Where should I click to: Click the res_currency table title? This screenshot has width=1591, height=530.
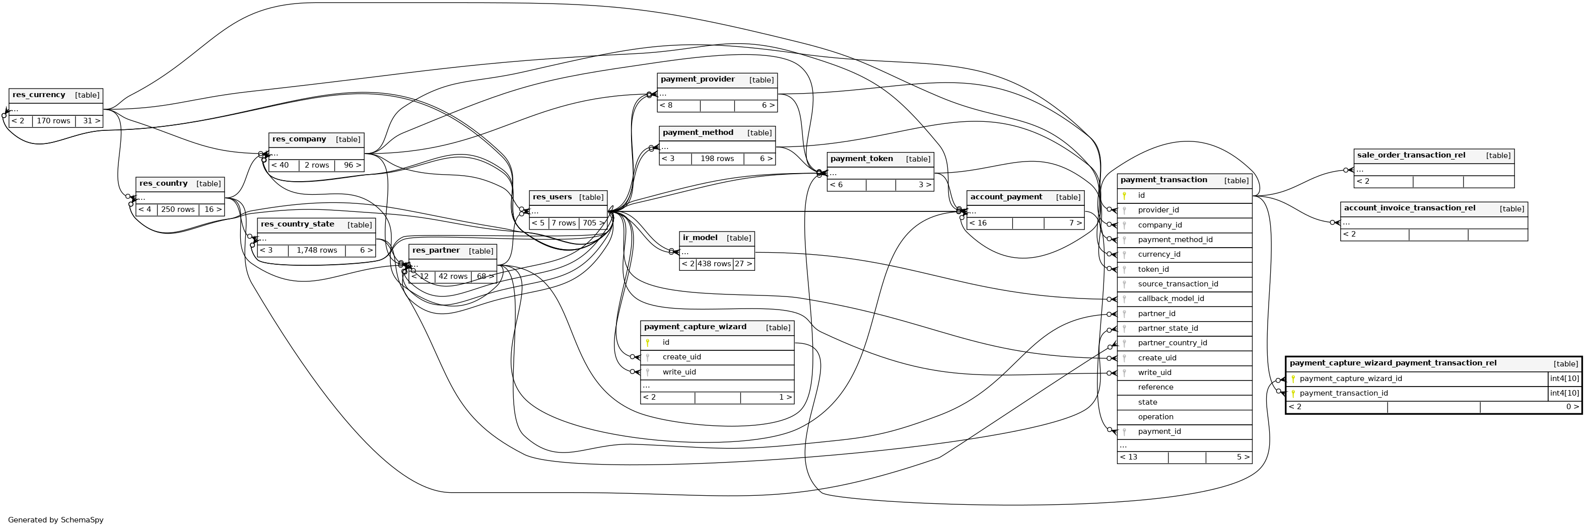click(x=39, y=95)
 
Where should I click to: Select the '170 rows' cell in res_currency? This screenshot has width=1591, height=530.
click(x=54, y=121)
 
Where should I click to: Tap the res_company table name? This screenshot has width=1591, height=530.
click(x=299, y=139)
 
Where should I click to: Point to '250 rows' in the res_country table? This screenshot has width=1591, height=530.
click(x=178, y=210)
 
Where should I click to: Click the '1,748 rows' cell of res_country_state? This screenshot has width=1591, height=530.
click(x=317, y=251)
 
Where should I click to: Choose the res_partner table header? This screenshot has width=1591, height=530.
click(x=436, y=251)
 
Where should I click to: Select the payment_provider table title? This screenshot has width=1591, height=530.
click(x=698, y=80)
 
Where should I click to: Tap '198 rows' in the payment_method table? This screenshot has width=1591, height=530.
click(x=717, y=159)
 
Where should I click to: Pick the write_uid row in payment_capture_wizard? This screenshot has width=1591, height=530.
click(x=679, y=372)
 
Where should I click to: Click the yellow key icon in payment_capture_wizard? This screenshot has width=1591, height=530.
click(x=647, y=342)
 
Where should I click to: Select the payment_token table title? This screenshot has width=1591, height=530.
click(x=862, y=159)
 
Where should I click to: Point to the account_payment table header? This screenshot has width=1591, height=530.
click(x=1006, y=197)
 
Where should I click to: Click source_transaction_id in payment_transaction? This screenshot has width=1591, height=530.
click(x=1178, y=284)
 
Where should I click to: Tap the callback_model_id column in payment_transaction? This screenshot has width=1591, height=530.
click(x=1170, y=298)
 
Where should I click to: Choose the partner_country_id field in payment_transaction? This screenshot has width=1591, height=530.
click(x=1172, y=343)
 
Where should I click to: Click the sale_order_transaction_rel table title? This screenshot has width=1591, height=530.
click(x=1411, y=156)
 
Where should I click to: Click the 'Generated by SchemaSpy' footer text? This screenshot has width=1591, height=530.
click(x=55, y=520)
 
